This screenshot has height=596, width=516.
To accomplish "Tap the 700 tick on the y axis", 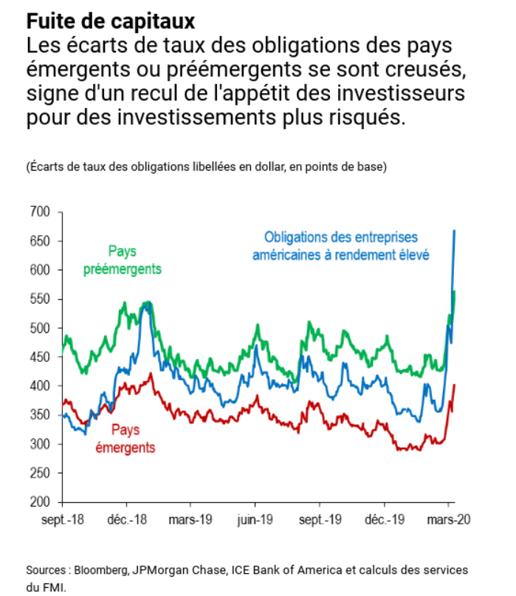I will pyautogui.click(x=40, y=213).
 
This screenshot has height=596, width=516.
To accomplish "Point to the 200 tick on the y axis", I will pyautogui.click(x=40, y=502).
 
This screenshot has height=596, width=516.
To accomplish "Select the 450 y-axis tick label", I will pyautogui.click(x=40, y=357).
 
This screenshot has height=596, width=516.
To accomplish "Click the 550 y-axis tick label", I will pyautogui.click(x=40, y=300).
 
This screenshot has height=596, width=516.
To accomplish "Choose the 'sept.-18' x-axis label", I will pyautogui.click(x=63, y=518).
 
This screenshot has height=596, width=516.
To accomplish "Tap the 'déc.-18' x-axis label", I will pyautogui.click(x=129, y=518).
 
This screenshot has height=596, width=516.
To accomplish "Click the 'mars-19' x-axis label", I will pyautogui.click(x=190, y=518).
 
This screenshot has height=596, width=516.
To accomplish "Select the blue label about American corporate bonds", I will pyautogui.click(x=341, y=246).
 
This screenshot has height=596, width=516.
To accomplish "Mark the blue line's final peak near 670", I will pyautogui.click(x=454, y=230).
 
